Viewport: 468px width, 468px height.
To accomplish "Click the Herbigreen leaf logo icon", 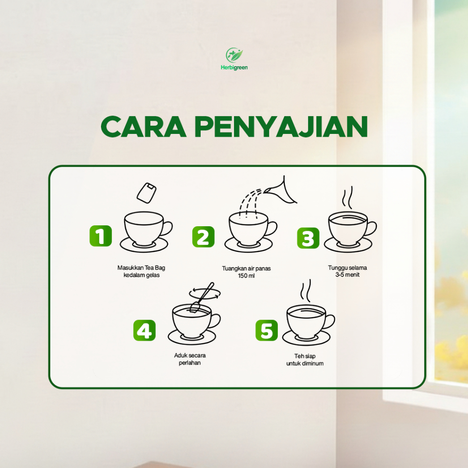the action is [x=234, y=55].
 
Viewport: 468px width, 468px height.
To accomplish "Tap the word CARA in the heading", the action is [x=144, y=127].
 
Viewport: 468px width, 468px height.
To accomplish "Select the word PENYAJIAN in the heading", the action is [x=281, y=127].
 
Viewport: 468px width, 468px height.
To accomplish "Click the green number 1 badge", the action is [x=101, y=236].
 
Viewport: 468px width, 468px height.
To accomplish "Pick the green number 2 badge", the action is [x=203, y=237].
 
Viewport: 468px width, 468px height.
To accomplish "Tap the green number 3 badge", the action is [x=308, y=238].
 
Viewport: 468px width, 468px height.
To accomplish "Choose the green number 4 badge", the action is [x=144, y=330].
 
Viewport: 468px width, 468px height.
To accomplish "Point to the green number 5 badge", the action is [x=266, y=330].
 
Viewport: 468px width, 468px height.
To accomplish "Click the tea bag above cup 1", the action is [x=147, y=193].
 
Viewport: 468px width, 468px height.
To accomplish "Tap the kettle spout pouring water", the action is [x=281, y=191].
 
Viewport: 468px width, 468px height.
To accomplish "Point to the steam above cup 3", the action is [x=347, y=197].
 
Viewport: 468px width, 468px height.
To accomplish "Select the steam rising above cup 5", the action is [x=306, y=291].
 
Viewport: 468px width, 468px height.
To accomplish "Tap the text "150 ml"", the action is [x=246, y=276].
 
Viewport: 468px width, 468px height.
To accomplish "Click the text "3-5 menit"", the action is [x=347, y=275].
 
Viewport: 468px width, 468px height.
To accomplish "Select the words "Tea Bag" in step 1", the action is [x=155, y=268].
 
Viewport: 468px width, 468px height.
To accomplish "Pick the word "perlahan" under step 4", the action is [x=190, y=363].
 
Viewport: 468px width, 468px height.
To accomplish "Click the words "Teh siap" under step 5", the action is [x=305, y=356].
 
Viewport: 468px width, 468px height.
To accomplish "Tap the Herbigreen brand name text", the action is [x=234, y=68].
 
